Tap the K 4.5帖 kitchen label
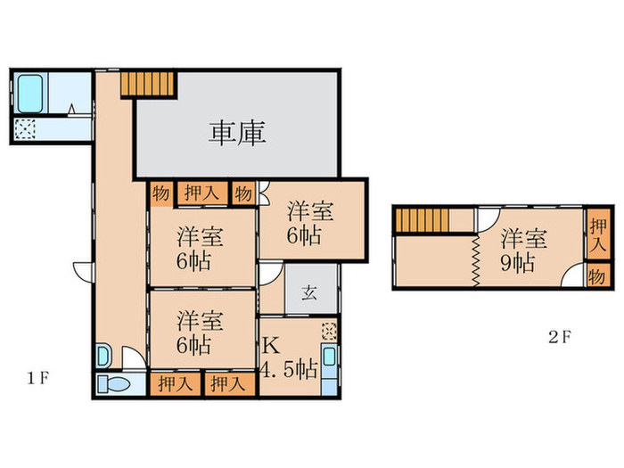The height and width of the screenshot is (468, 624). coord(288,357)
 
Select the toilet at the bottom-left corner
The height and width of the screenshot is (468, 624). coord(115,385)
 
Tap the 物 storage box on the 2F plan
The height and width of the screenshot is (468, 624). coord(599,275)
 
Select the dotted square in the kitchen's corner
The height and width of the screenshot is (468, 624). coord(329,330)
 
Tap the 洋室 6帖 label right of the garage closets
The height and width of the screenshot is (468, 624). coord(310,224)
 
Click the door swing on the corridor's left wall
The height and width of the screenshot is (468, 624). coord(82,271)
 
